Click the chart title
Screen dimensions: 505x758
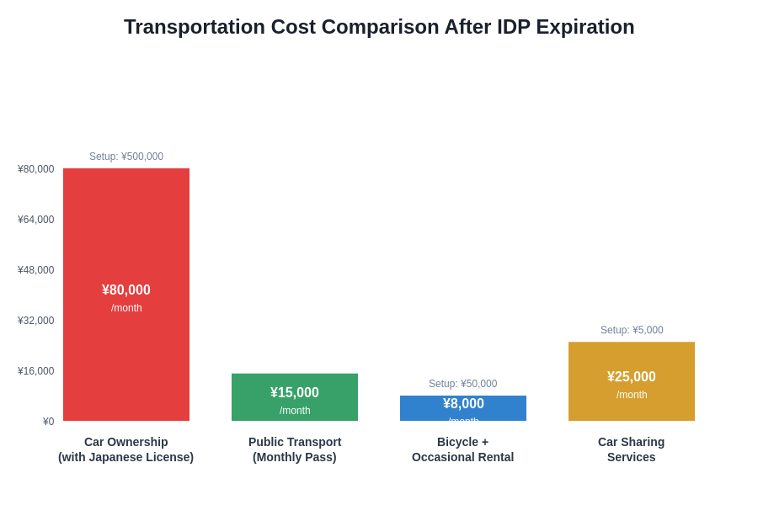tap(379, 27)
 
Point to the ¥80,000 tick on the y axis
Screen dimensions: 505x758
tap(36, 169)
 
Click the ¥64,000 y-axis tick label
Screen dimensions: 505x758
tap(36, 220)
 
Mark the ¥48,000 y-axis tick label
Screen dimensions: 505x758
tap(36, 270)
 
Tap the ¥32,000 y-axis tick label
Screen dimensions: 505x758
tap(36, 321)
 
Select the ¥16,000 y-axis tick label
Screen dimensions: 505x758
tap(36, 371)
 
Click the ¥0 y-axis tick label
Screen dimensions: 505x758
tap(48, 422)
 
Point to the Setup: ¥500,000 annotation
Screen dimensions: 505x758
tap(126, 157)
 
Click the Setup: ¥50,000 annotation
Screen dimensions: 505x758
tap(463, 384)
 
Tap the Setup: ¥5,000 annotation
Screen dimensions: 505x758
tap(632, 330)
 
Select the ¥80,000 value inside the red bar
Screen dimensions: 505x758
tap(126, 290)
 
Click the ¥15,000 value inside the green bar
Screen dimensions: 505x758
tap(295, 393)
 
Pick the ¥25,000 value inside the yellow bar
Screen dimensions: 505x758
tap(632, 377)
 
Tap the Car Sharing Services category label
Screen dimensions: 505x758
tap(632, 449)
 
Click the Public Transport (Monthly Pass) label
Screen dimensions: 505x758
tap(295, 449)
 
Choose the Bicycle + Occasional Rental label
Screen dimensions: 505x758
tap(463, 449)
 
